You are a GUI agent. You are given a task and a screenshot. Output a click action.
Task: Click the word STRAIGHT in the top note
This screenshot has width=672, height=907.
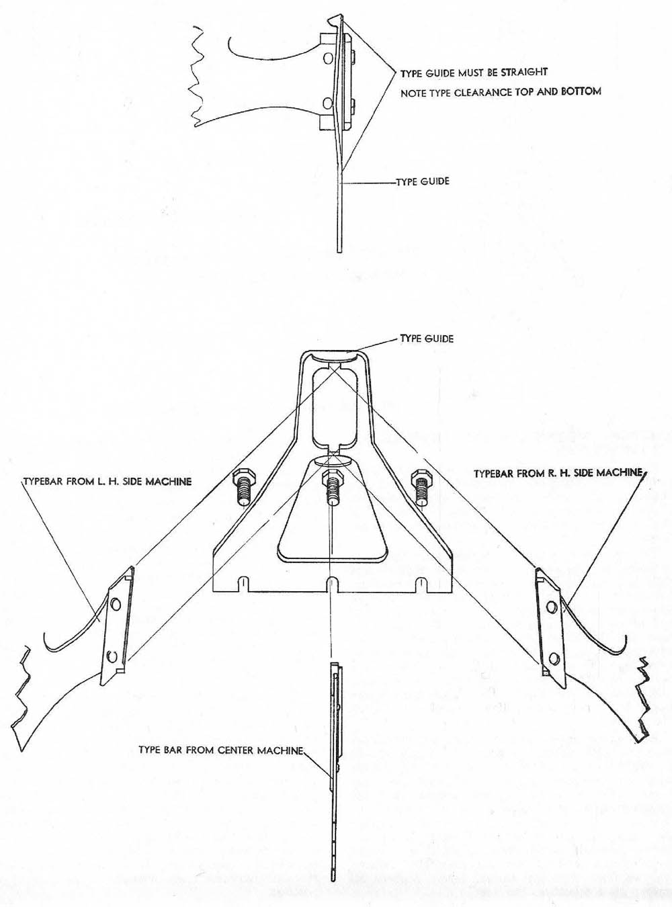pyautogui.click(x=524, y=72)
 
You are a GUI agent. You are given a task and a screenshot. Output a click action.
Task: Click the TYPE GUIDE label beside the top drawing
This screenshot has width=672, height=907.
pyautogui.click(x=423, y=181)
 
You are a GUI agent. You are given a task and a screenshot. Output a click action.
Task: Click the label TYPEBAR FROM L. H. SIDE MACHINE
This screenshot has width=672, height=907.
pyautogui.click(x=108, y=482)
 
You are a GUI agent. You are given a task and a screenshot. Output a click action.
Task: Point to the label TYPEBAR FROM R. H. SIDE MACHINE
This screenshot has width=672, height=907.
pyautogui.click(x=558, y=474)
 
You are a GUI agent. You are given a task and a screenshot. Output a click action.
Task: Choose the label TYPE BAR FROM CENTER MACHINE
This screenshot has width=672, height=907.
pyautogui.click(x=221, y=750)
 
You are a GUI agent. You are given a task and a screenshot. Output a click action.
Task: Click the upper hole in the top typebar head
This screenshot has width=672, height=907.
pyautogui.click(x=327, y=59)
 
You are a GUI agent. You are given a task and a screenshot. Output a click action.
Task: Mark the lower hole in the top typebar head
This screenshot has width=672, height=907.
pyautogui.click(x=327, y=103)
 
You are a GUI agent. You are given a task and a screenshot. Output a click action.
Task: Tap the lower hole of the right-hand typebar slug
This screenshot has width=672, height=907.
pyautogui.click(x=553, y=657)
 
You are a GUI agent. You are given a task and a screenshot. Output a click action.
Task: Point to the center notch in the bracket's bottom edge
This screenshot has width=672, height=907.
pyautogui.click(x=331, y=584)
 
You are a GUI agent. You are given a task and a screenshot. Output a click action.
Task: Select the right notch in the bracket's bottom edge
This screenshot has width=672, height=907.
pyautogui.click(x=421, y=584)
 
